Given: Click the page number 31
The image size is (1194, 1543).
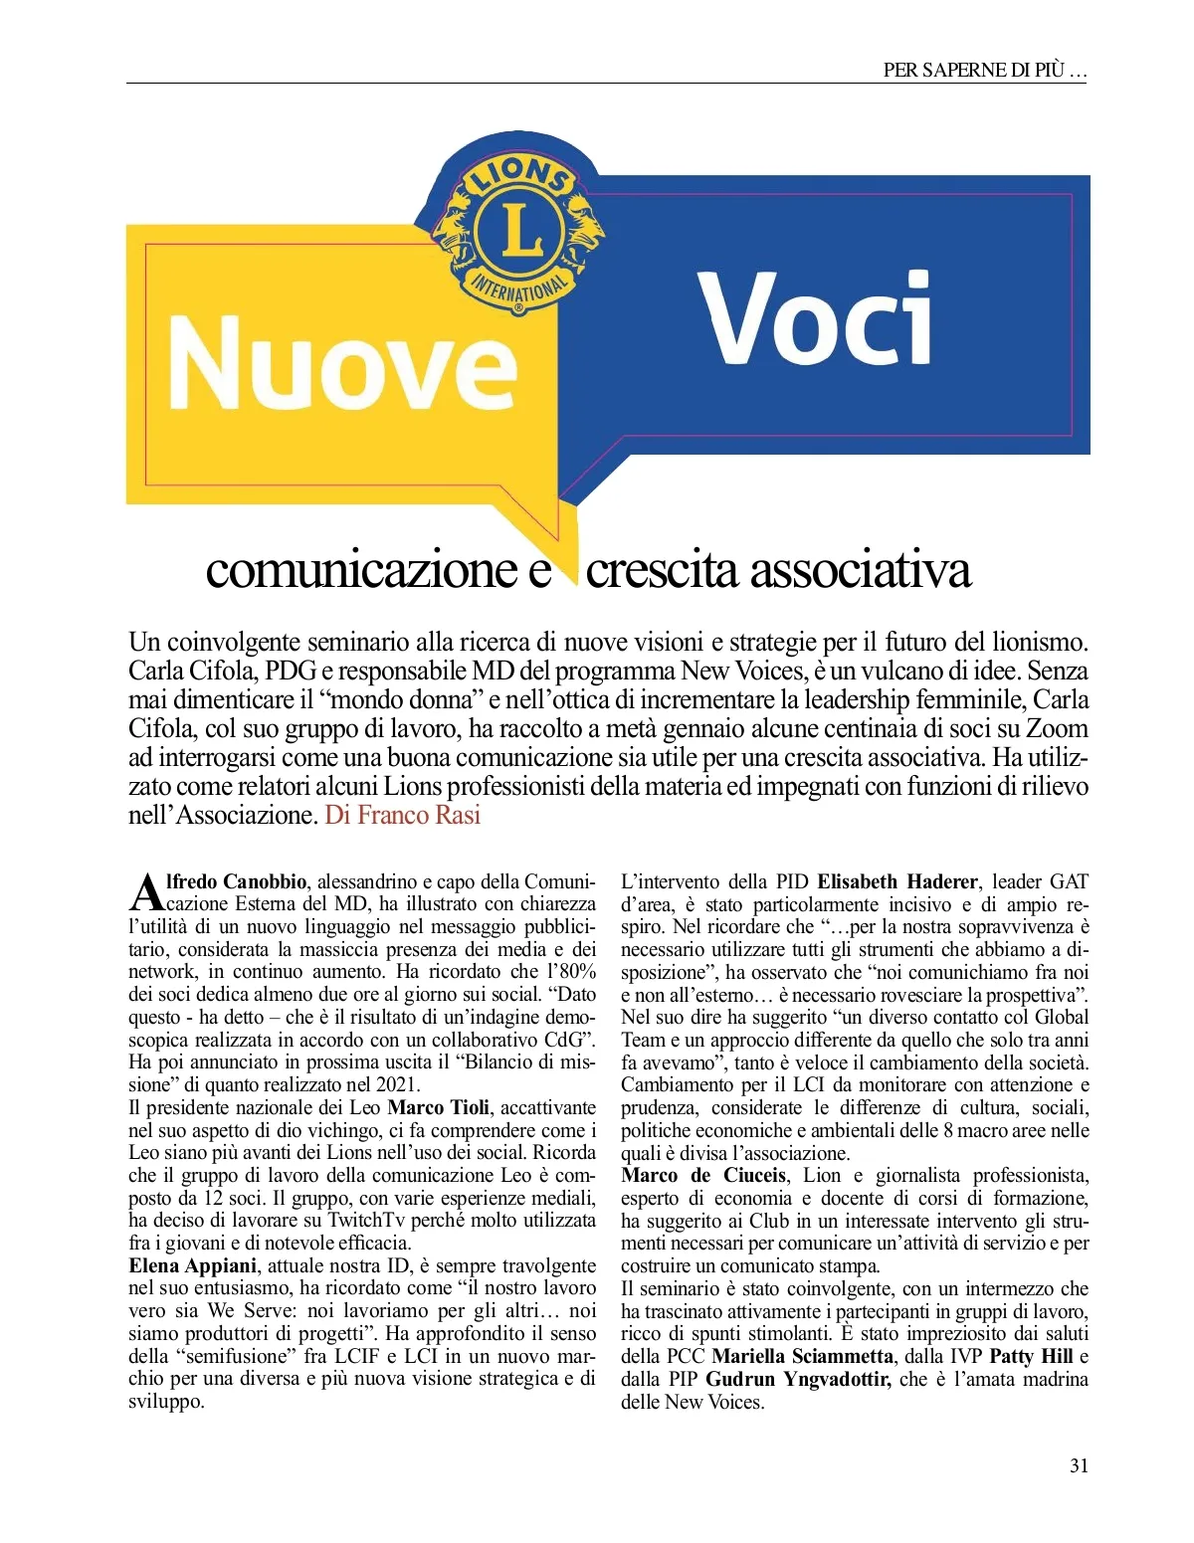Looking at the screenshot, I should (x=1079, y=1465).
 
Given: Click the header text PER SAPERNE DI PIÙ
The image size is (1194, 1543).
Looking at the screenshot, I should (x=983, y=70).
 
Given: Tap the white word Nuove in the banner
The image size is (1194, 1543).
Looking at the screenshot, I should (x=342, y=365).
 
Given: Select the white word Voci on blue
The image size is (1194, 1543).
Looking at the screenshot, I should (x=815, y=319).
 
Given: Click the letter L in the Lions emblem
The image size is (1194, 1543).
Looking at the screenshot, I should (x=521, y=230).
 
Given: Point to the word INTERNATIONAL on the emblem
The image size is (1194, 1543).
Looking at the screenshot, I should (x=519, y=288).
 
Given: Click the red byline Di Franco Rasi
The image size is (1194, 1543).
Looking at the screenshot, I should (x=402, y=815).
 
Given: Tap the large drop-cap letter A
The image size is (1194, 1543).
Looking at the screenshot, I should (x=146, y=893).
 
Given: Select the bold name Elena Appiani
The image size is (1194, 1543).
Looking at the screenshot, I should (x=193, y=1265).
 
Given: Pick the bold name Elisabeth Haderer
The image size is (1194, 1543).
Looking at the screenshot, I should (x=898, y=881).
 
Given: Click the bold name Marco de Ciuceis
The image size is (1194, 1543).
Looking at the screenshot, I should (x=703, y=1175).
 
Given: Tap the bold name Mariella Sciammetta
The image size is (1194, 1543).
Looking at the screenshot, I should (x=802, y=1356).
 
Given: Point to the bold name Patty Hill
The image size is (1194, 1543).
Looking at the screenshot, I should (x=1031, y=1356).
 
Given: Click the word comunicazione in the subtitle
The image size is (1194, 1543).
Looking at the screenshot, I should (x=362, y=570).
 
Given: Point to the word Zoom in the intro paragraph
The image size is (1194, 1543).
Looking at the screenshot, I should (x=1057, y=728).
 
